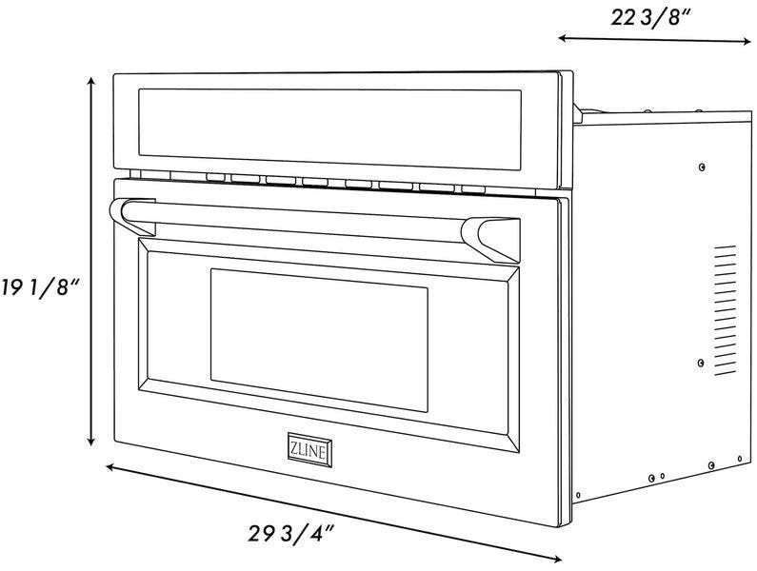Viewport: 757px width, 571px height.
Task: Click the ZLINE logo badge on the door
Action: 309,450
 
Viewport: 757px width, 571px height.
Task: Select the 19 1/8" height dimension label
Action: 40,287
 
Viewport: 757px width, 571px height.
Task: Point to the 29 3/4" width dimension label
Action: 291,533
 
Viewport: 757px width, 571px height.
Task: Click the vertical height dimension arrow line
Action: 90,261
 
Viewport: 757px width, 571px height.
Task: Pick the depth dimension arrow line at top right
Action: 655,40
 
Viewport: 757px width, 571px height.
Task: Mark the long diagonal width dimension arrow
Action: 333,513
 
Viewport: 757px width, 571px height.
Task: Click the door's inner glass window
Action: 319,340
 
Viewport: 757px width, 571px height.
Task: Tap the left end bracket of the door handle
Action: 132,216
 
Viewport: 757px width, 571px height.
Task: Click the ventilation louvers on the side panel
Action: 726,310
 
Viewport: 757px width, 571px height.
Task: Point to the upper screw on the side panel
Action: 702,167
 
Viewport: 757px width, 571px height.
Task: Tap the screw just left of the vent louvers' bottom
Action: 701,363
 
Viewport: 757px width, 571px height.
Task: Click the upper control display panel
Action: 329,129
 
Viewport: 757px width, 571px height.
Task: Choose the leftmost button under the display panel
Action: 215,177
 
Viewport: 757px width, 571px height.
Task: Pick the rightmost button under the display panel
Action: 473,189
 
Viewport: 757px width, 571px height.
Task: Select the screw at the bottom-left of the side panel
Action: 578,495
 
